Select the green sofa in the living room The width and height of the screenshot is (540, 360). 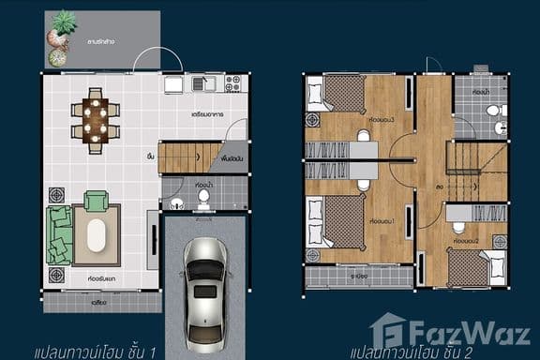[x=60, y=234]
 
